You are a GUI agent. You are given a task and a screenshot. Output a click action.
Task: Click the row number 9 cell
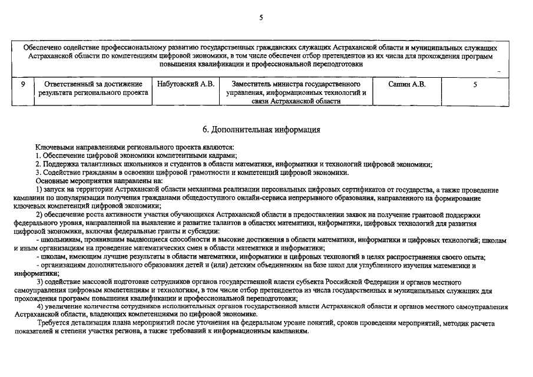23,84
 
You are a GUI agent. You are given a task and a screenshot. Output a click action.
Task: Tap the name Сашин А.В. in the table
406,84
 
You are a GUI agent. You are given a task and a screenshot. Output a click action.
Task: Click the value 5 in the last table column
475,84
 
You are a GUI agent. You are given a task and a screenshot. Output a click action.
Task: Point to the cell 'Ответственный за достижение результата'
94,88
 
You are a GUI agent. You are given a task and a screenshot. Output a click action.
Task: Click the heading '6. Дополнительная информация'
261,129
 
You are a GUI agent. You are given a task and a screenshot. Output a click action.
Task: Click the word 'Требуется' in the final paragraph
54,323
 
